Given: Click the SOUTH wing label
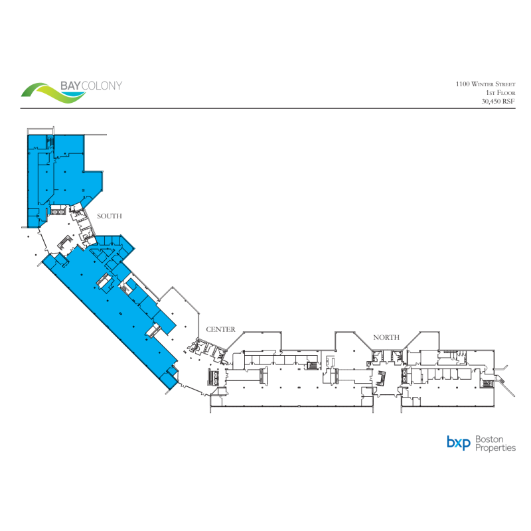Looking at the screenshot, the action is tap(110, 216).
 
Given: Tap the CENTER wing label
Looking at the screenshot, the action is tap(220, 329).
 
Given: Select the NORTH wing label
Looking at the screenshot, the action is tap(386, 337).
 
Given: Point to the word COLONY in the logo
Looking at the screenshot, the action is tap(101, 86).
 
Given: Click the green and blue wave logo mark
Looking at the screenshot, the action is tap(52, 94).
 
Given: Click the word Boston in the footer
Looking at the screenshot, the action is tap(490, 439).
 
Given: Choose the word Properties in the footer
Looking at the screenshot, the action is tap(495, 448).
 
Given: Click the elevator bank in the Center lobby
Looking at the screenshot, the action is tap(217, 377).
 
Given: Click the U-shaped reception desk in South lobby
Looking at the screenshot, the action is tap(66, 243).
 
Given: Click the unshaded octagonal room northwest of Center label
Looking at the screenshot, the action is tap(178, 312).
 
